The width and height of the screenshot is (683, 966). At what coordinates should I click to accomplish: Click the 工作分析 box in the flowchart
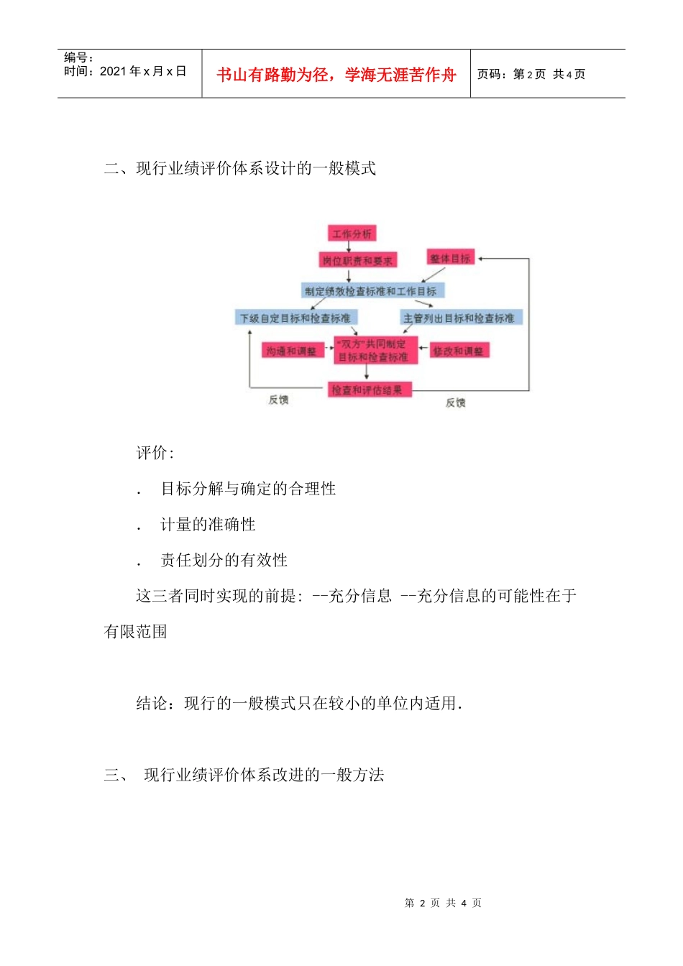click(x=352, y=234)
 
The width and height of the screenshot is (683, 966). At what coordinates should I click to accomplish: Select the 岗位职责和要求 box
click(x=357, y=260)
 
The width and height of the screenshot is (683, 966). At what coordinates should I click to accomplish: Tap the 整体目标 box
click(x=450, y=258)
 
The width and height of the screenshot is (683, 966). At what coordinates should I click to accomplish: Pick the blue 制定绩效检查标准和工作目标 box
click(x=371, y=290)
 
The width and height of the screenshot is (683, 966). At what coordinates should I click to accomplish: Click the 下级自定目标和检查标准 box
click(x=295, y=318)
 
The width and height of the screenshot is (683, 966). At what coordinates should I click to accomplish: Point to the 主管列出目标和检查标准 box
click(x=460, y=318)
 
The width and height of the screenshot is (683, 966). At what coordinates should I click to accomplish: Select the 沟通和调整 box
click(x=291, y=351)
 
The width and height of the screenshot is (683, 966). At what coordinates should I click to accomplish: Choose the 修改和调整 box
click(x=458, y=351)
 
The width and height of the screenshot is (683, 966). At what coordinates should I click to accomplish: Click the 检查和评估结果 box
click(x=367, y=390)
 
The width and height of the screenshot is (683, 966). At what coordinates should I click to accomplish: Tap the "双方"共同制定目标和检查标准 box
click(x=374, y=351)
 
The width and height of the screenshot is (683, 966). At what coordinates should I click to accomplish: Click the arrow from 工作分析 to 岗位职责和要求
click(x=349, y=247)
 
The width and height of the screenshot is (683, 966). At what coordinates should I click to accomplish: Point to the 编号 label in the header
click(x=78, y=57)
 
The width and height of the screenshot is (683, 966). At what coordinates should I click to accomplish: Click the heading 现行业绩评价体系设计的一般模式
click(x=256, y=168)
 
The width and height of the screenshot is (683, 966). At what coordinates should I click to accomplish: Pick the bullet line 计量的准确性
click(x=208, y=525)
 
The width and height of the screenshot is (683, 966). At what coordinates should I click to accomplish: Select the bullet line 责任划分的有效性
click(x=224, y=560)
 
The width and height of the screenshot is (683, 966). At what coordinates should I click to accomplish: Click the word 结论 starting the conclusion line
click(x=152, y=703)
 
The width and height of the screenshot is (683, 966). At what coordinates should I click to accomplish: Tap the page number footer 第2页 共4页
click(x=443, y=903)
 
